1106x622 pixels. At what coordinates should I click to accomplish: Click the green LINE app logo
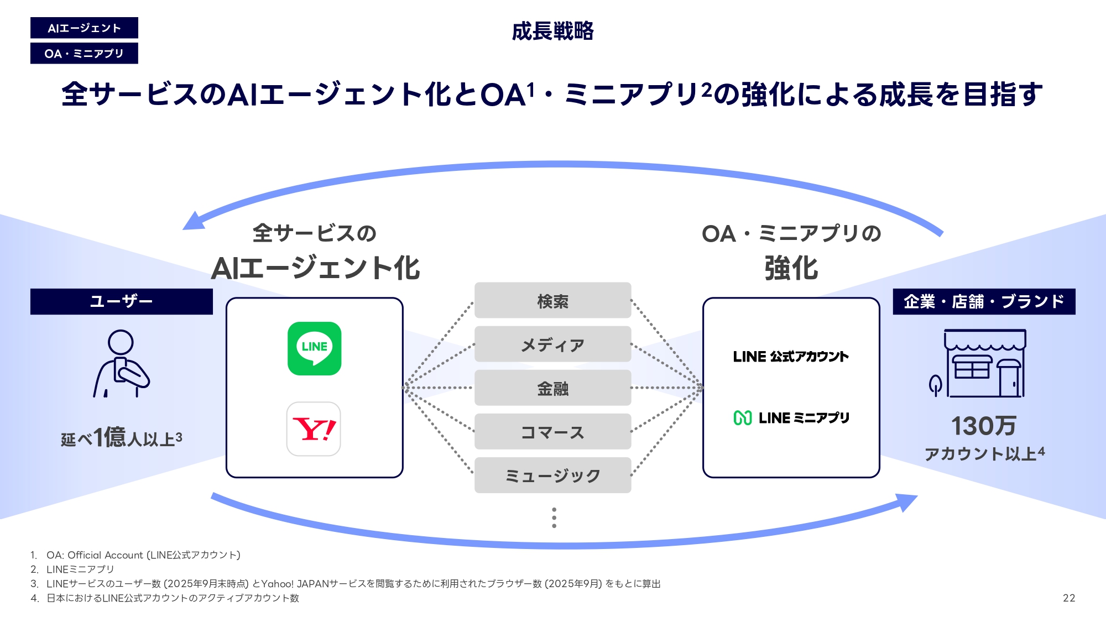pyautogui.click(x=314, y=348)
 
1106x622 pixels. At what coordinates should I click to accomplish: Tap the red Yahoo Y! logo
pyautogui.click(x=314, y=429)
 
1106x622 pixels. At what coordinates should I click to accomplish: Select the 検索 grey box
pyautogui.click(x=552, y=301)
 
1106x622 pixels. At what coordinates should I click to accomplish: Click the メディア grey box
pyautogui.click(x=552, y=344)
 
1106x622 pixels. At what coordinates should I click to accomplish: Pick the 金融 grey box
pyautogui.click(x=552, y=388)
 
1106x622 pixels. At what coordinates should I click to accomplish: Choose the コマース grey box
pyautogui.click(x=552, y=432)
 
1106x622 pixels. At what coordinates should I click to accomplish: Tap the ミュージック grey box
pyautogui.click(x=552, y=475)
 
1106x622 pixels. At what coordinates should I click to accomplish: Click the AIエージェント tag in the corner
pyautogui.click(x=84, y=28)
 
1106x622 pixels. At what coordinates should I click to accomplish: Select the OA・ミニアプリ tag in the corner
pyautogui.click(x=84, y=54)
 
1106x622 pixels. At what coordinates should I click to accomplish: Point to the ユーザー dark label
pyautogui.click(x=121, y=301)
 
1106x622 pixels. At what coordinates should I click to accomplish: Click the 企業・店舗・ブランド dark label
pyautogui.click(x=984, y=301)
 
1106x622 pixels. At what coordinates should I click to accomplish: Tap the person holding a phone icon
pyautogui.click(x=121, y=364)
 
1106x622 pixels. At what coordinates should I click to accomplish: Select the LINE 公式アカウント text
pyautogui.click(x=791, y=357)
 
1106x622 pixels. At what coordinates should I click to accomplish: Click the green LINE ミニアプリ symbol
pyautogui.click(x=742, y=418)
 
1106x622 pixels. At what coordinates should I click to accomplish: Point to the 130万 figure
pyautogui.click(x=984, y=426)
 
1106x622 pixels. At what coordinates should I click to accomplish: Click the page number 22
pyautogui.click(x=1069, y=598)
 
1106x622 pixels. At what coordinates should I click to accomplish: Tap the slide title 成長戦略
pyautogui.click(x=552, y=31)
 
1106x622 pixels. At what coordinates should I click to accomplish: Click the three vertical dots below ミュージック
pyautogui.click(x=554, y=518)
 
